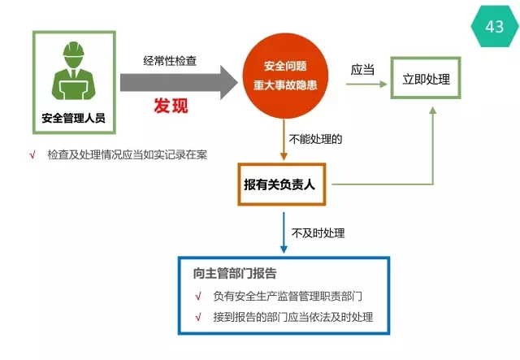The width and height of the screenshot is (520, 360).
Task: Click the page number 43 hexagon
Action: coord(495,26)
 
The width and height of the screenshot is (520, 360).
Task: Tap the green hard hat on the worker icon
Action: coord(74,50)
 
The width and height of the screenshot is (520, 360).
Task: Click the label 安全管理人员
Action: coord(74,118)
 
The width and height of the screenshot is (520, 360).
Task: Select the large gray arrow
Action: coord(179,83)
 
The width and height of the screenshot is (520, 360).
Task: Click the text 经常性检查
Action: coord(170,61)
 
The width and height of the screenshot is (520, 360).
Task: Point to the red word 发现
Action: coord(171,106)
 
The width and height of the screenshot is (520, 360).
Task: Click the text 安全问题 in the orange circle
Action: coord(285,66)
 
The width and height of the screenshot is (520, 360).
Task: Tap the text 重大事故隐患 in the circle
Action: coord(285,85)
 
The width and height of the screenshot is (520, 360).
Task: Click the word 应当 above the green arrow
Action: coord(362,70)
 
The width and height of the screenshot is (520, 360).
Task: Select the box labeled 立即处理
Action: coord(426,78)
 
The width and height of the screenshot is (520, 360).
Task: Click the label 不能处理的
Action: coord(315,139)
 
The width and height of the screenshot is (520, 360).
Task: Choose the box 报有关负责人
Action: coord(282,184)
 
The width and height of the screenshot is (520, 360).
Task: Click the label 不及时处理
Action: coord(318,233)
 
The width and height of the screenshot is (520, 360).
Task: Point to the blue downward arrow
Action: coord(284,233)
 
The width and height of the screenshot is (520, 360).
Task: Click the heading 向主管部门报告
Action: coord(235,273)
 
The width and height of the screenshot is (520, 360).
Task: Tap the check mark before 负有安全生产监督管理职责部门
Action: coord(198,297)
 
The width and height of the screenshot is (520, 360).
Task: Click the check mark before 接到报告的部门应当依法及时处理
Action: coord(198,317)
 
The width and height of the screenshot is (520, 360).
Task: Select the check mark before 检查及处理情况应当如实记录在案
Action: coord(32,154)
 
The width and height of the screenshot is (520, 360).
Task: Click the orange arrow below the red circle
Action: coord(284,140)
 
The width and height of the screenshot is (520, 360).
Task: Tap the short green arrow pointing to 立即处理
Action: coord(366,85)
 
